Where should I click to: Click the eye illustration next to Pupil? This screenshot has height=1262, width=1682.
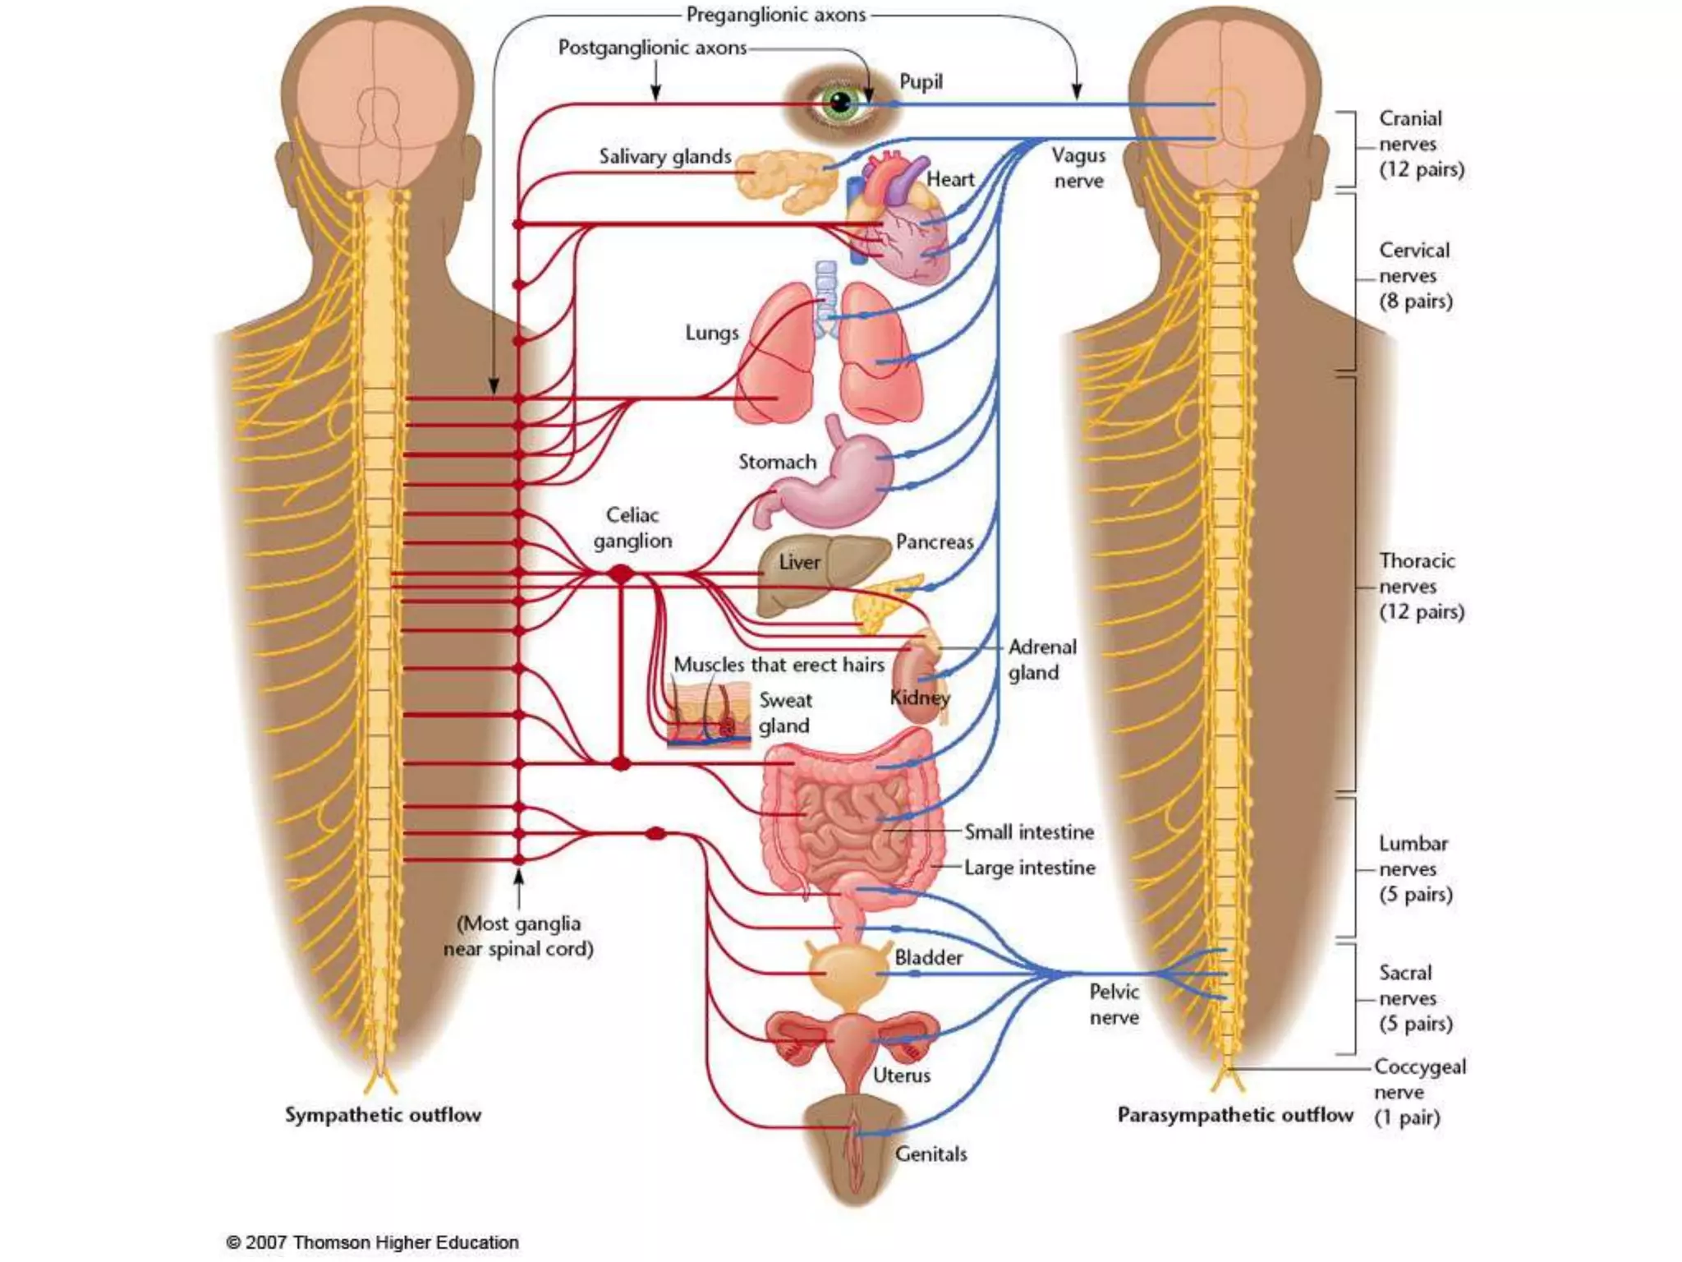coord(839,104)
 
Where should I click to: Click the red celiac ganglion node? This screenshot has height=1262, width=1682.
coord(622,574)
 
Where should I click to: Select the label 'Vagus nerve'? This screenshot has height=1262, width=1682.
coord(1078,168)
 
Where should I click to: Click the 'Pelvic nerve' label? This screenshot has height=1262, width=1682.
coord(1114,1004)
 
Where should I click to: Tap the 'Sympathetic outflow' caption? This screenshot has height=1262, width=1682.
coord(383,1115)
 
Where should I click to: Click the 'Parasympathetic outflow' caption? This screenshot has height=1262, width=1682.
coord(1234,1115)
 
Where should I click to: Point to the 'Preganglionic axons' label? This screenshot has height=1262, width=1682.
coord(775,15)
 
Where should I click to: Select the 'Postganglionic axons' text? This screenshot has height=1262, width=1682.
coord(652,48)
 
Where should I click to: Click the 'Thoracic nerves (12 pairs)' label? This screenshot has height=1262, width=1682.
coord(1421,586)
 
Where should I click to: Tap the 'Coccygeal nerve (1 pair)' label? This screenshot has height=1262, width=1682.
coord(1419,1091)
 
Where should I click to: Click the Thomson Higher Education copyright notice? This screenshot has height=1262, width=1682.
coord(373,1242)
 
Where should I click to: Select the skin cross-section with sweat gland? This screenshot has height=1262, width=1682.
coord(708,715)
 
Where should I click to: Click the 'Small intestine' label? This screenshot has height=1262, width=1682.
coord(1028,831)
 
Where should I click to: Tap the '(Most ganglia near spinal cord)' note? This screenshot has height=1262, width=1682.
coord(518,936)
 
